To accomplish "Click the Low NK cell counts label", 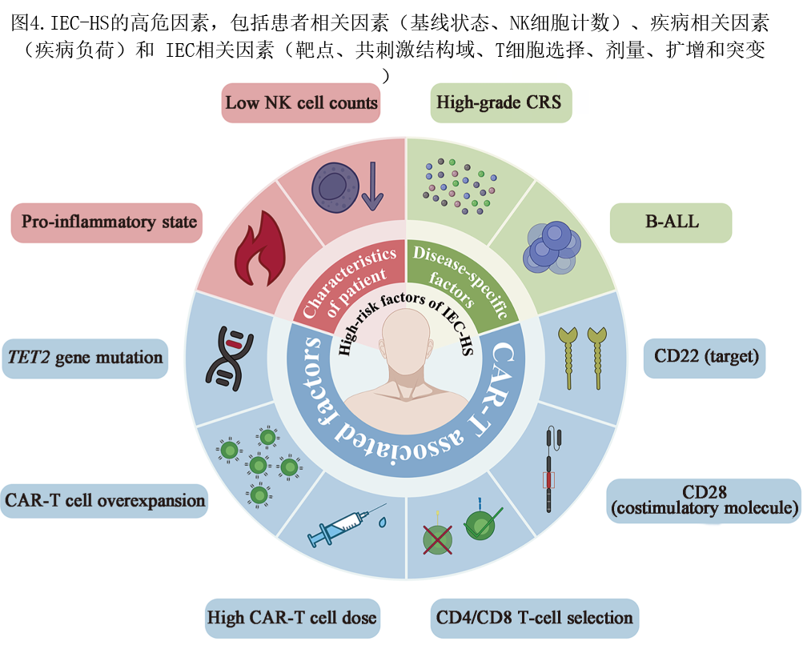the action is coord(300,103).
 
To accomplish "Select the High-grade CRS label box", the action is coord(501,103).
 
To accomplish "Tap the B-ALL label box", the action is coord(671,222).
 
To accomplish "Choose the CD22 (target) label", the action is coord(705,358).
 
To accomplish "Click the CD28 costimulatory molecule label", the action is coord(704,501).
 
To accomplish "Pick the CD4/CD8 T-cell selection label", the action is coord(534,619).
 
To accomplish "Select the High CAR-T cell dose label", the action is coord(292,619).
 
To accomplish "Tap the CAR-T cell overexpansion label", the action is coord(104,501).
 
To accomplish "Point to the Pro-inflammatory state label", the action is coord(106,222).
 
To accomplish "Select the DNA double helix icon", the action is coord(230,359).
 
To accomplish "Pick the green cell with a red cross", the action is coord(437,539).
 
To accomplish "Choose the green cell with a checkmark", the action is coord(482,524).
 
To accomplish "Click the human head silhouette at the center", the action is coord(406,360).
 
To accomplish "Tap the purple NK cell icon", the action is coord(335,187).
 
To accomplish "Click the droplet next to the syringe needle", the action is coord(382,523).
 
